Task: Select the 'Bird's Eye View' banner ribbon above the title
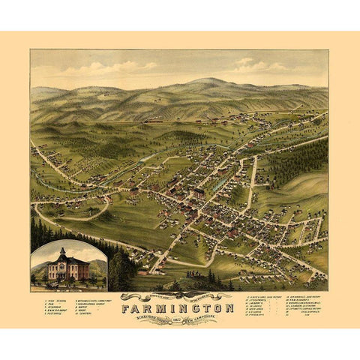coord(180,294)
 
